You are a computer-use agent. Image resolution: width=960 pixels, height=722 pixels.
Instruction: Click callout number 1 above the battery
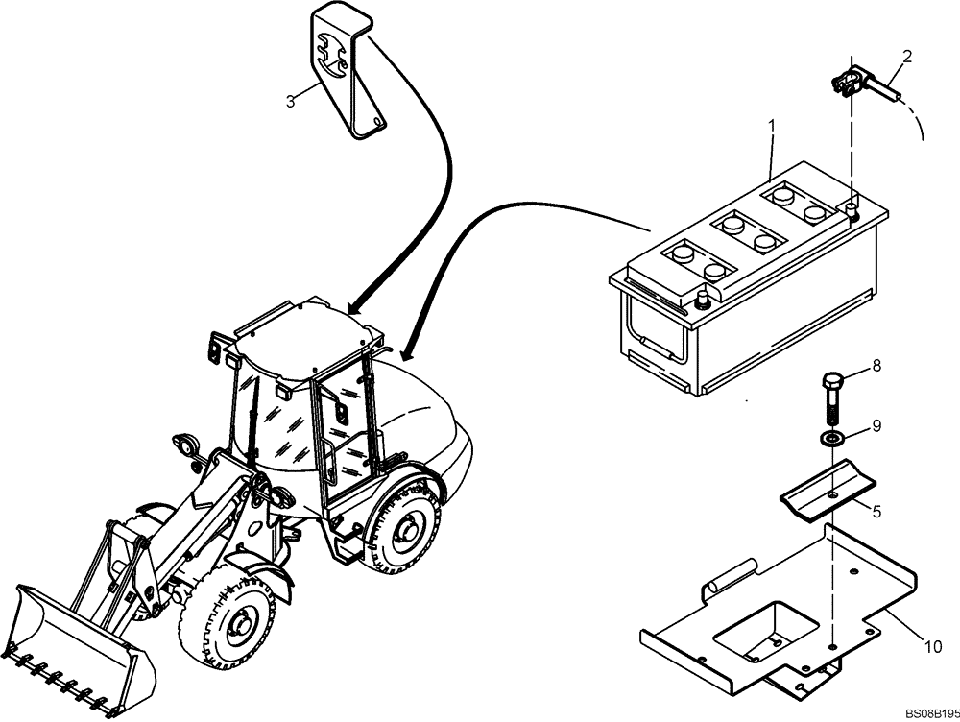click(770, 125)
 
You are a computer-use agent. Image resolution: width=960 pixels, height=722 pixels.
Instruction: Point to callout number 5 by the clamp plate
click(876, 511)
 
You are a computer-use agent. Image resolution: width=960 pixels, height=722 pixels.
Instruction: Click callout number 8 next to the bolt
click(876, 366)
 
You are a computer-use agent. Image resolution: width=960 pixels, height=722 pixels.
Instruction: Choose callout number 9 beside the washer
click(876, 425)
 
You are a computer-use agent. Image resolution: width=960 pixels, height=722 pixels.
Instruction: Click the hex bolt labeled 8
click(830, 394)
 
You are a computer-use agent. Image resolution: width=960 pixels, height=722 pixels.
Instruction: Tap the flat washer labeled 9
click(830, 440)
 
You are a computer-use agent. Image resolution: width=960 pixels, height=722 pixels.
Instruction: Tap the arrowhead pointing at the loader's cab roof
click(354, 308)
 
